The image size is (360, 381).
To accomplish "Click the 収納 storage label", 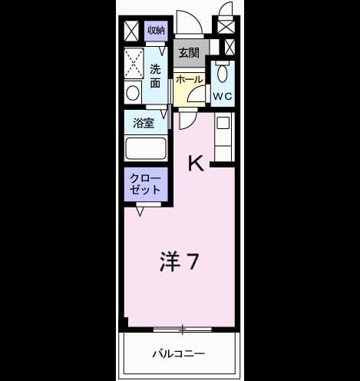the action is click(156, 31).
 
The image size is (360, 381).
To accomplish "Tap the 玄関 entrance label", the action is click(189, 53).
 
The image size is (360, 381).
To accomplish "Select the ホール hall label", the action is click(190, 80).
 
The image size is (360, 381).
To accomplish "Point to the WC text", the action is click(223, 96).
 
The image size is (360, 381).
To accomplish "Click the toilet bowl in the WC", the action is click(222, 73).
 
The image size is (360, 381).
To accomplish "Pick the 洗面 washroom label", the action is click(155, 76).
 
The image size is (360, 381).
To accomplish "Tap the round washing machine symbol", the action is click(133, 93).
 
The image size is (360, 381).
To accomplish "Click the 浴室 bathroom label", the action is click(144, 123).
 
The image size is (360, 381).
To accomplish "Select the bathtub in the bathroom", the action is click(146, 148).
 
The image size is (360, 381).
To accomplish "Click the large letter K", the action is click(196, 164).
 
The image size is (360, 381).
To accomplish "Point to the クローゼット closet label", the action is click(145, 184).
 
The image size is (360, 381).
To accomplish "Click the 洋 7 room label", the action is click(179, 261).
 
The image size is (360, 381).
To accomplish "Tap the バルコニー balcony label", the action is click(179, 354).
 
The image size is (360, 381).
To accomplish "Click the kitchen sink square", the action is click(223, 123).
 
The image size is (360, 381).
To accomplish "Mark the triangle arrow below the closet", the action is click(140, 212).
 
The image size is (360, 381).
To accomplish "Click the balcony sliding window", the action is click(183, 330).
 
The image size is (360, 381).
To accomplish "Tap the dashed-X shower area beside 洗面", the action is click(134, 63).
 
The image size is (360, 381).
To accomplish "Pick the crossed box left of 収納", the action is click(131, 31).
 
